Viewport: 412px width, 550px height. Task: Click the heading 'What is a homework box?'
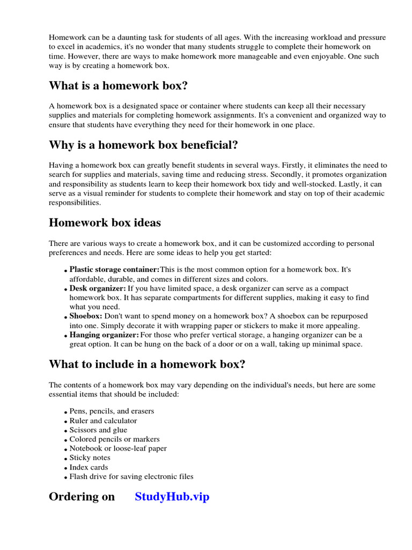118,86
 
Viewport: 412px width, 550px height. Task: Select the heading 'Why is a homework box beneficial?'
143,145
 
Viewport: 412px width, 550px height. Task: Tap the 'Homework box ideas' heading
105,222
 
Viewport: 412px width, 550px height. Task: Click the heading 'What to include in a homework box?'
147,364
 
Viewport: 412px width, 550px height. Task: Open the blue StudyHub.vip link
172,497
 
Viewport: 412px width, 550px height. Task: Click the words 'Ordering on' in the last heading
82,497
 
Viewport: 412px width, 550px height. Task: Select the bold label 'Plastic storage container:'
114,269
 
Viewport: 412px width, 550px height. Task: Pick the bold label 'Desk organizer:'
97,288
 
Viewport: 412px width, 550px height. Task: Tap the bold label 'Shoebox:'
86,316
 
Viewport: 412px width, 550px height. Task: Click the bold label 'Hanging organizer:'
104,335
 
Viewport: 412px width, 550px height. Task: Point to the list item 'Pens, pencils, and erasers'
112,411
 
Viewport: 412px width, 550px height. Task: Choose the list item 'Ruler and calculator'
103,421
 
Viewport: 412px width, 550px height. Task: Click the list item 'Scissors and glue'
98,430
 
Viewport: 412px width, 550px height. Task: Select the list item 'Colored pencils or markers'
114,439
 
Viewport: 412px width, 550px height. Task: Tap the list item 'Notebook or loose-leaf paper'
118,448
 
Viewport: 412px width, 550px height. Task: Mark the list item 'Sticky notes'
90,458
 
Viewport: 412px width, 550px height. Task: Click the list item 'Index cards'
89,467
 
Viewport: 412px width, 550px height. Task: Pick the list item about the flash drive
131,476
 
